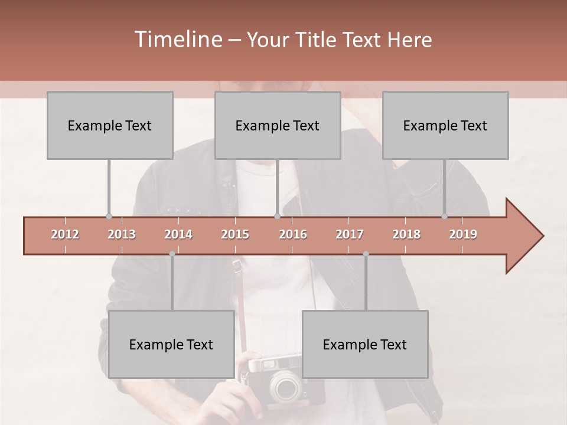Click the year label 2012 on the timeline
tap(65, 234)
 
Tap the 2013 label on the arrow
tap(122, 234)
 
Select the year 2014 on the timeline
tap(178, 234)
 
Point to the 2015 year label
tap(235, 234)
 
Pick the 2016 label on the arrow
tap(293, 234)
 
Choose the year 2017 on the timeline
tap(350, 234)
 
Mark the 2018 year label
tap(406, 234)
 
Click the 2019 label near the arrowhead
tap(463, 234)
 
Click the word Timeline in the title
tap(177, 40)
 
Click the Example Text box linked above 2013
tap(110, 126)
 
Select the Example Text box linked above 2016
tap(278, 126)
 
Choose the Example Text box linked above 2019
tap(445, 126)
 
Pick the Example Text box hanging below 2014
tap(171, 345)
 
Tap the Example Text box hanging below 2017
tap(365, 345)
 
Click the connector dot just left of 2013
tap(109, 216)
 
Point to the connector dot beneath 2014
tap(172, 254)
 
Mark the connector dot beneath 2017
tap(366, 254)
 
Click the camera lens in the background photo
tap(286, 387)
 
